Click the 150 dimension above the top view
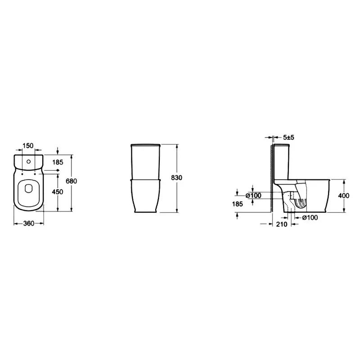pos(28,145)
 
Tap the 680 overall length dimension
pos(72,181)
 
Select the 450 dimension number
pos(58,192)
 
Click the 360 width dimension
pos(29,223)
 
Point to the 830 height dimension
pos(177,178)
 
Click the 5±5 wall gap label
pos(288,138)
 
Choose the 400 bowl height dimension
pos(344,196)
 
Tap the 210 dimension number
pos(282,224)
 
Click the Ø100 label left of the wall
pos(253,196)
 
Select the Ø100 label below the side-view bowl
pos(310,217)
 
